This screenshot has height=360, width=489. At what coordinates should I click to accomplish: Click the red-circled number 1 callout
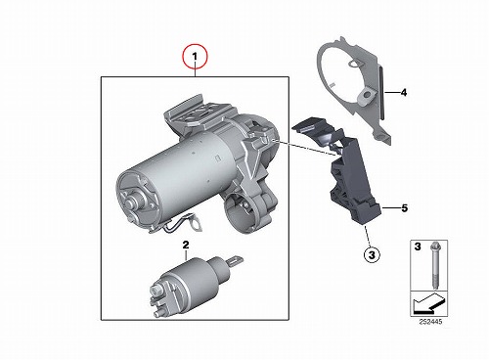click(x=195, y=57)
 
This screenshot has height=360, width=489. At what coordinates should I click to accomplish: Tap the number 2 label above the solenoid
click(x=186, y=245)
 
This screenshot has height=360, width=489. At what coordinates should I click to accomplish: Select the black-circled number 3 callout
click(x=372, y=255)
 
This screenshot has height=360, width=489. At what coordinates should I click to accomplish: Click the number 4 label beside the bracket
click(x=404, y=93)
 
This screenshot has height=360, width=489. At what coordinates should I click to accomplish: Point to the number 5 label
click(x=405, y=207)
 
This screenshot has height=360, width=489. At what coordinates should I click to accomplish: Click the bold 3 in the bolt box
click(x=418, y=247)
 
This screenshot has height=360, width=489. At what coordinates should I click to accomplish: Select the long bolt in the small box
click(x=434, y=265)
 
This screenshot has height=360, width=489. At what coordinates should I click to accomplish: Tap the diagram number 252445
click(x=430, y=322)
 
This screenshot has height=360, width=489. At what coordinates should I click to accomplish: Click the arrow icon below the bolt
click(x=428, y=303)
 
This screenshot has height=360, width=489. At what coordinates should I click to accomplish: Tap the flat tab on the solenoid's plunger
click(x=236, y=260)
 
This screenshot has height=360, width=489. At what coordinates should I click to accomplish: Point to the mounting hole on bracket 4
click(x=367, y=95)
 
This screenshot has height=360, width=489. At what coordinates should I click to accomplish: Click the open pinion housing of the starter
click(x=241, y=213)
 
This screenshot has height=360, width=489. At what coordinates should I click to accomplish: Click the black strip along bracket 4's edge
click(x=381, y=93)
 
